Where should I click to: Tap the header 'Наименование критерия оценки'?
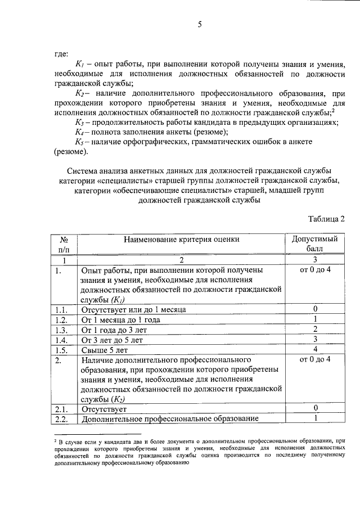tap(182, 239)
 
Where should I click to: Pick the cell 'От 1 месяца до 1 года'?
tap(121, 319)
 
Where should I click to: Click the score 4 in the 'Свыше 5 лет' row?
tap(316, 350)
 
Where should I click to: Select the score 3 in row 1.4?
tap(316, 340)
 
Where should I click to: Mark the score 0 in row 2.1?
tap(316, 408)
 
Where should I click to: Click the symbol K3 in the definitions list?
tap(79, 122)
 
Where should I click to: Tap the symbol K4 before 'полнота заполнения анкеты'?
tap(79, 132)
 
